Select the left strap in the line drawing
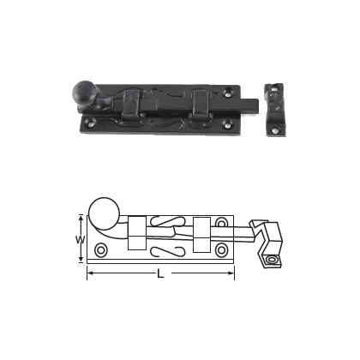pos(136,231)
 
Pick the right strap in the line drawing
pos(201,231)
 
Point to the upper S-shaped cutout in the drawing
pos(167,221)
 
